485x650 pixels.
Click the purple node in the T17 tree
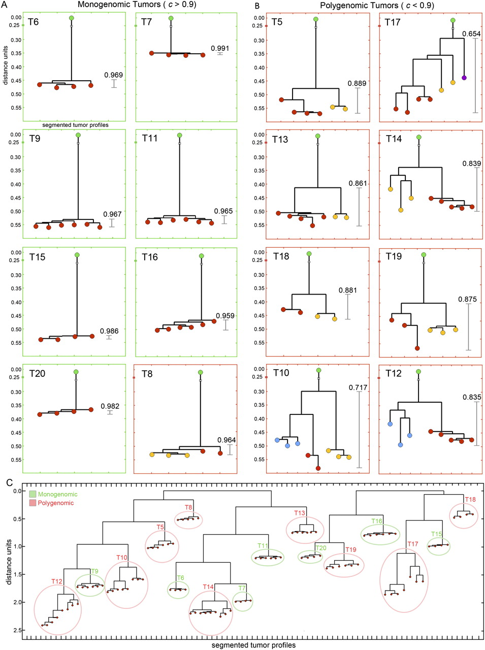point(464,78)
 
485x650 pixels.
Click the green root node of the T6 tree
point(72,18)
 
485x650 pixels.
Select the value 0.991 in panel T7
point(220,49)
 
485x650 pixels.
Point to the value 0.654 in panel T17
point(471,34)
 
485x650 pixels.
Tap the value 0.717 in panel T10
point(358,387)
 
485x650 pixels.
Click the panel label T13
point(280,139)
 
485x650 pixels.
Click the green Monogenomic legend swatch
point(33,494)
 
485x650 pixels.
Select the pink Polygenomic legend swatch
point(33,503)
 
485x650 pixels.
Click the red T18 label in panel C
point(470,500)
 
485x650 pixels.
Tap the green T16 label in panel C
point(376,521)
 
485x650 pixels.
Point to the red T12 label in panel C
point(56,581)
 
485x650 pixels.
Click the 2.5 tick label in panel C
point(18,630)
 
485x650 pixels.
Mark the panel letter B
point(257,6)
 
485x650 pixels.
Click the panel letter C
point(9,481)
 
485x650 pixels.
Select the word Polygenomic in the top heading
point(341,6)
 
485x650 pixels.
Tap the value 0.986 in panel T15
point(109,331)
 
